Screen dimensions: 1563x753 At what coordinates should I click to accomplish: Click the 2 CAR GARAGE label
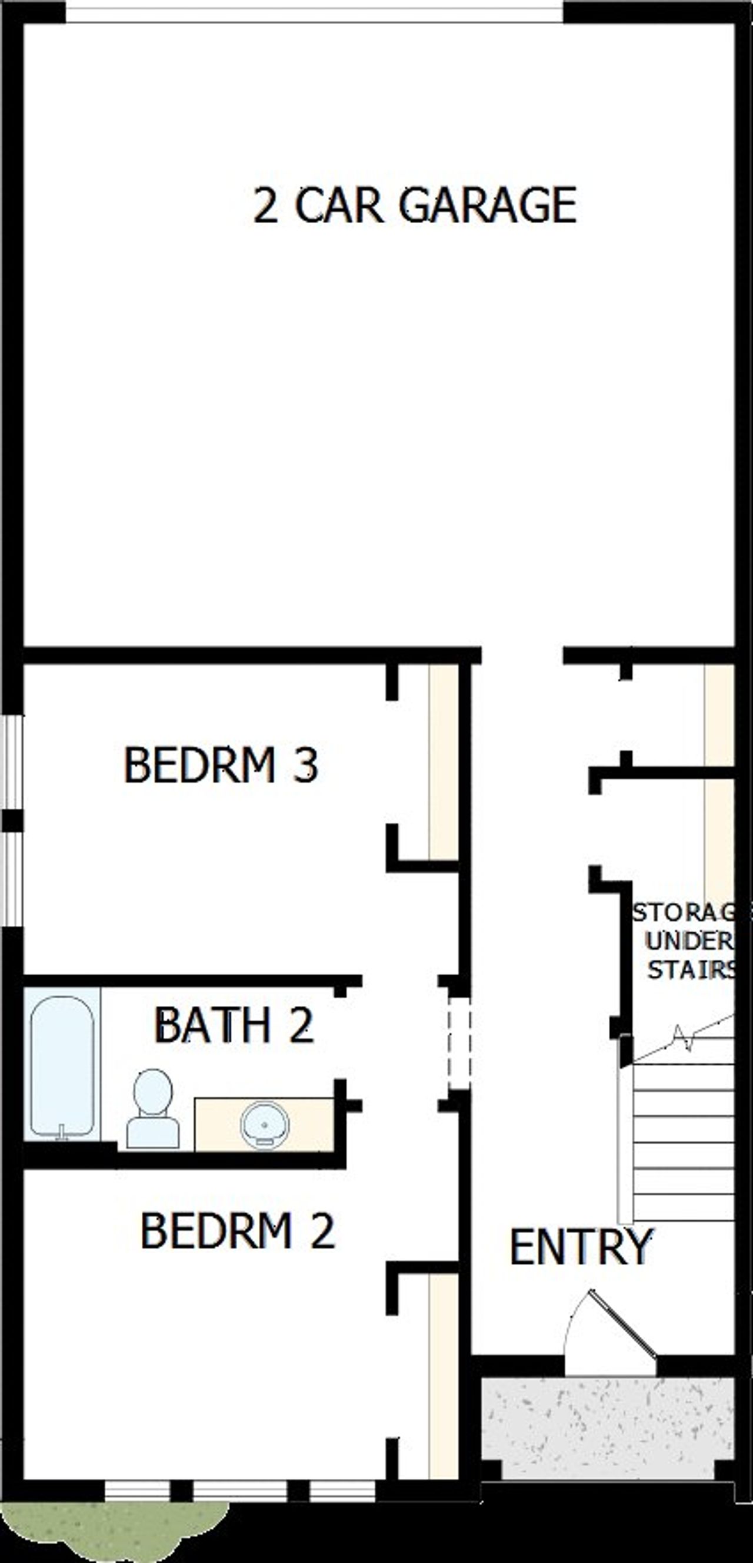coord(415,205)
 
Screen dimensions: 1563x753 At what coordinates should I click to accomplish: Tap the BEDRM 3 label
coord(221,764)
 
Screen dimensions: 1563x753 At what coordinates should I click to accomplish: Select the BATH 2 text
coord(234,1025)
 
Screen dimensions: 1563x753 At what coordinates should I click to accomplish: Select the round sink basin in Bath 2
coord(264,1123)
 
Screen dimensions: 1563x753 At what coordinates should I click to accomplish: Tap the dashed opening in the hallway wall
coord(459,1043)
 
